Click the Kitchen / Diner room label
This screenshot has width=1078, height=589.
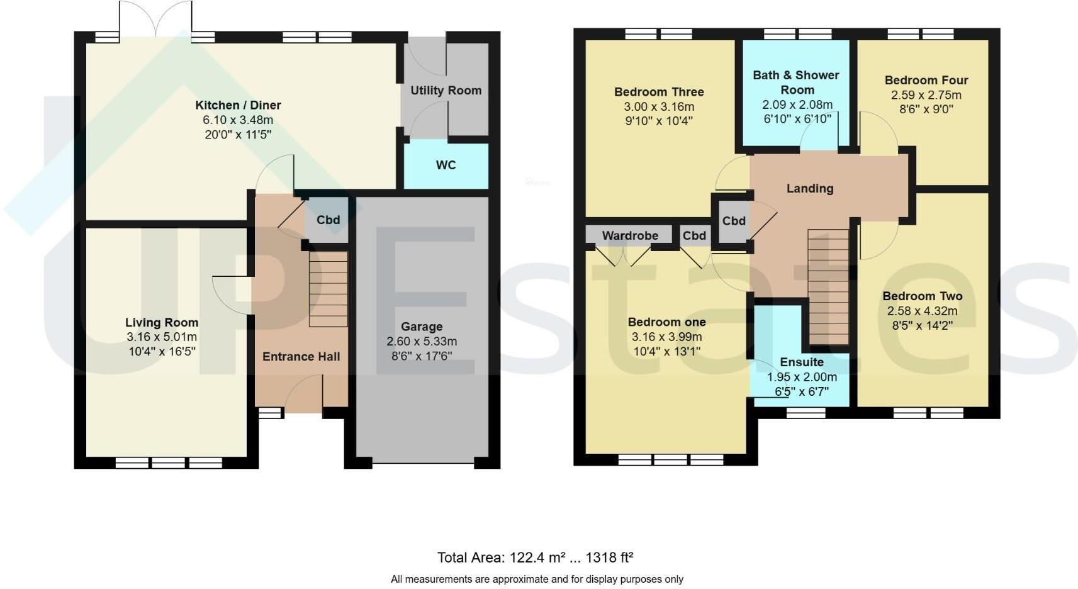click(238, 105)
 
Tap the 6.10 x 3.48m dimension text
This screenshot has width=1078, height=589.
click(238, 120)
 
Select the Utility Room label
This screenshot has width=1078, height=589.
click(446, 91)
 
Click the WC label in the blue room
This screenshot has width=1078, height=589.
click(446, 165)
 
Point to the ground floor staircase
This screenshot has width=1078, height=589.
click(328, 289)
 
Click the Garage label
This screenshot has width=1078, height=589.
click(422, 327)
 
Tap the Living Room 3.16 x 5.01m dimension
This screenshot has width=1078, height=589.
click(162, 337)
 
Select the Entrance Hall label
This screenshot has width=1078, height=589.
click(301, 357)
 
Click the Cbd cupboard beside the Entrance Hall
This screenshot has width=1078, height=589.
click(328, 220)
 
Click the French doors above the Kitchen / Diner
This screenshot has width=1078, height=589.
click(155, 19)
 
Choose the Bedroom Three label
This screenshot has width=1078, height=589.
click(659, 92)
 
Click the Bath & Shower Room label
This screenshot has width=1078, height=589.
click(796, 82)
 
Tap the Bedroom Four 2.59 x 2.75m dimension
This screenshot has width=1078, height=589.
click(926, 95)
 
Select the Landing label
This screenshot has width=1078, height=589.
click(810, 188)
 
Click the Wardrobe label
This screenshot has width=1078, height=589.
click(630, 235)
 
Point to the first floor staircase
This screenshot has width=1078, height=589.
click(828, 286)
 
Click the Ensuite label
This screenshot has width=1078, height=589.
click(801, 362)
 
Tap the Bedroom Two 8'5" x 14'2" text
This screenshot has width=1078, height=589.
click(922, 325)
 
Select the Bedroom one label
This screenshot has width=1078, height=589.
click(666, 322)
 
